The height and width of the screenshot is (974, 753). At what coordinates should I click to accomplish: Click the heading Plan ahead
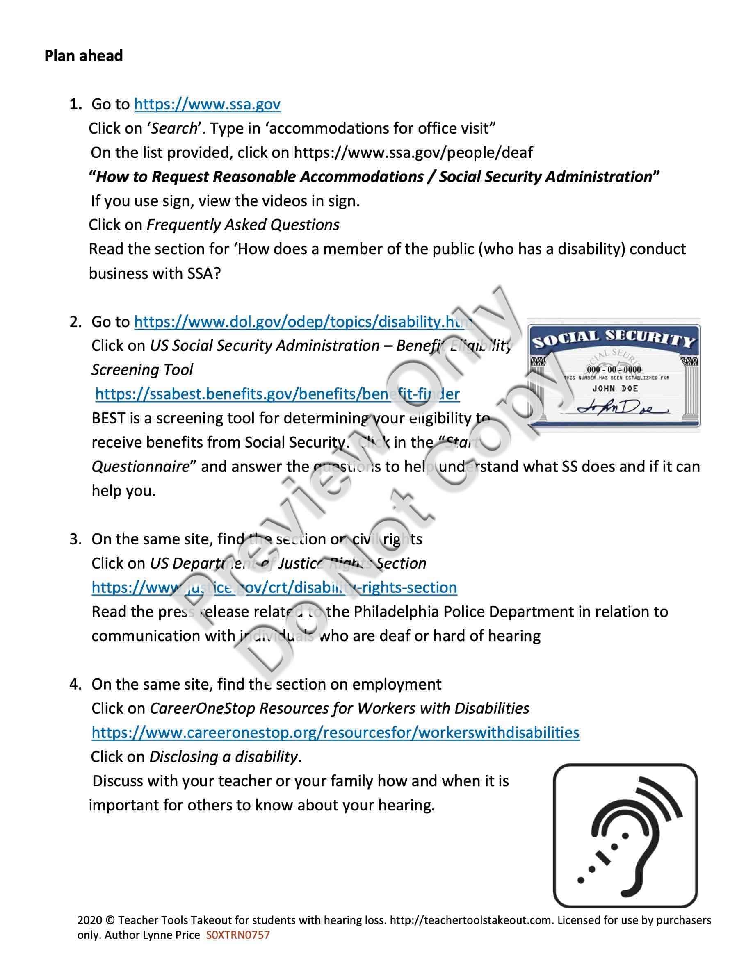[x=83, y=56]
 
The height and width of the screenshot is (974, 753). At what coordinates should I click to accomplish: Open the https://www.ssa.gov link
[x=207, y=105]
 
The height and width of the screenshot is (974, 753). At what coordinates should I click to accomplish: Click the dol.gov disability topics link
[x=303, y=321]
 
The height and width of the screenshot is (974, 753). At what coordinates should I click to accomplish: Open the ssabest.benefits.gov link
[x=277, y=394]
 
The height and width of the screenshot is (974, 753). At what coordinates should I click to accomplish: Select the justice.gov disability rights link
[x=274, y=587]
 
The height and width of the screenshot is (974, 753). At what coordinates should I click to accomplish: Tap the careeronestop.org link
[x=335, y=732]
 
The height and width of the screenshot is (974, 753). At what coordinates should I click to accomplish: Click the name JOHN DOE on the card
[x=615, y=389]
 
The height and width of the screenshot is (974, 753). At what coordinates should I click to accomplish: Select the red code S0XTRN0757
[x=238, y=935]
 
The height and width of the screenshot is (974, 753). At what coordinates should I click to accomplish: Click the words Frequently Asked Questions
[x=243, y=225]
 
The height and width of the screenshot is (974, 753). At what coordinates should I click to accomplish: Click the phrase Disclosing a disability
[x=223, y=757]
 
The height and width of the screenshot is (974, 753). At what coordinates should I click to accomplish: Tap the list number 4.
[x=75, y=685]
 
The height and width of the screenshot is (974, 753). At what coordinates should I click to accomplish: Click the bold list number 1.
[x=75, y=105]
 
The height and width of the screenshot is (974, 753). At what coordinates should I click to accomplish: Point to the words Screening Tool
[x=142, y=370]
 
